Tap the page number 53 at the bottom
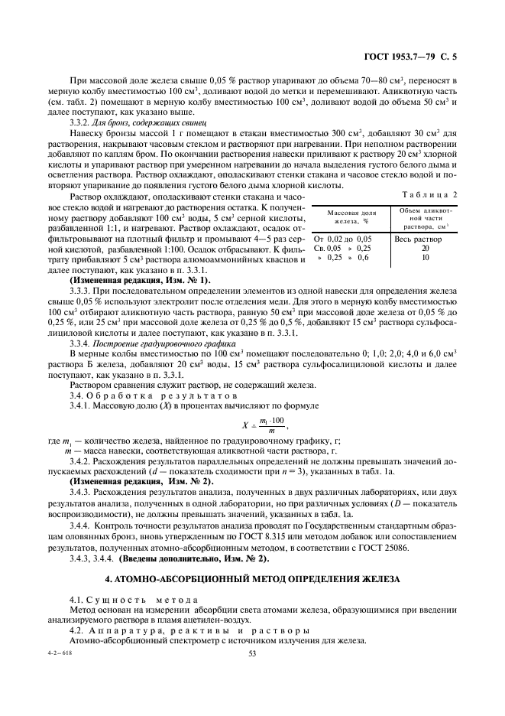point(251,653)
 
